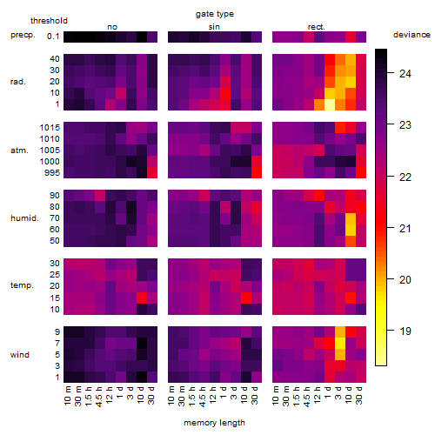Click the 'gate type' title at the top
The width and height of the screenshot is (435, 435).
215,14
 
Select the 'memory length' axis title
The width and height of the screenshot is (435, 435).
214,423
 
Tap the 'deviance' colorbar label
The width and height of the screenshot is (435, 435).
412,35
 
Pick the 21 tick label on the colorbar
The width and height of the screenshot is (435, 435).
405,229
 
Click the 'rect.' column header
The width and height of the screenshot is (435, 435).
317,27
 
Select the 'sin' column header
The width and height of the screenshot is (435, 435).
214,27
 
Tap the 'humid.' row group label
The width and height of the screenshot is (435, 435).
24,218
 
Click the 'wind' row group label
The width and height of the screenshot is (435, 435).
20,355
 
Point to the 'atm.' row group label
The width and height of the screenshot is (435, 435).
19,151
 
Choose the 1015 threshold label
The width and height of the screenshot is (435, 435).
50,128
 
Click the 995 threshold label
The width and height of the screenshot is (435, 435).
52,173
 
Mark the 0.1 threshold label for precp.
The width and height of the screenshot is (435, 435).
53,37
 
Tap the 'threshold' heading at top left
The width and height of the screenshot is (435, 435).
49,21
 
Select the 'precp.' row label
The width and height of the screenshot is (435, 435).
23,35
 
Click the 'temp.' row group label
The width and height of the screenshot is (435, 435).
22,285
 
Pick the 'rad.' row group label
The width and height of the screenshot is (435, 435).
18,82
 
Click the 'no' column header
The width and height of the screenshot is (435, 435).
112,27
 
